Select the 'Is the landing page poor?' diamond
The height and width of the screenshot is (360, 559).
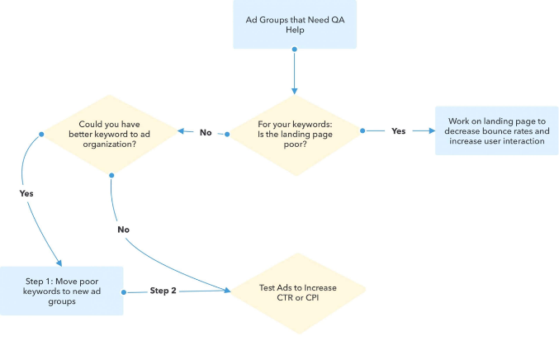[x=295, y=131]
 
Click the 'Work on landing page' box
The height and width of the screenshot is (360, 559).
[x=491, y=131]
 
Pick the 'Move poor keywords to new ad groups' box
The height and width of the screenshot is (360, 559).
[x=62, y=290]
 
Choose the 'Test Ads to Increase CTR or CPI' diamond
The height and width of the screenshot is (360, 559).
[x=295, y=291]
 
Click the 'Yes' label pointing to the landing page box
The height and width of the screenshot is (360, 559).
[x=397, y=131]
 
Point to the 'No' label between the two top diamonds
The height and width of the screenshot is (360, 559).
[x=206, y=131]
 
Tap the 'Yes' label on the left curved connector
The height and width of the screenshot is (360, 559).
[x=26, y=192]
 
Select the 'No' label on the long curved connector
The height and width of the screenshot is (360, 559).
[x=123, y=229]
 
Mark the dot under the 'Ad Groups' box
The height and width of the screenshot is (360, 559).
[x=295, y=49]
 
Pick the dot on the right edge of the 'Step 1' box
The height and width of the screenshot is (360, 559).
[x=123, y=291]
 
